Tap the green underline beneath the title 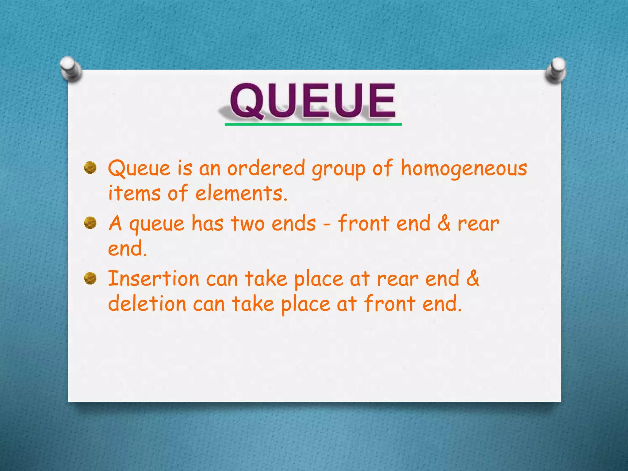[313, 124]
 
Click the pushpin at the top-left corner [71, 69]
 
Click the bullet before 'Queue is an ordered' [90, 168]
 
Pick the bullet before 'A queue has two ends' [90, 223]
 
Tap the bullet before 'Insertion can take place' [90, 278]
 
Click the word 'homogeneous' [464, 169]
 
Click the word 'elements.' [242, 193]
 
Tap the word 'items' [135, 193]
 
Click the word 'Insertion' [154, 279]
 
